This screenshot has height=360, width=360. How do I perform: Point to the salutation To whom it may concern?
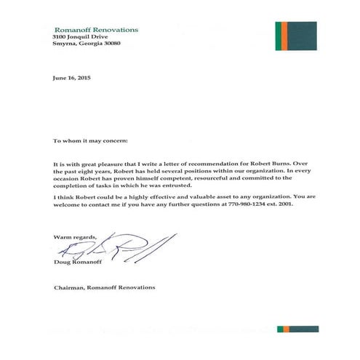coord(89,138)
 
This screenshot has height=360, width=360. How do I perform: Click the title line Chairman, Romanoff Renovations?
coord(104,287)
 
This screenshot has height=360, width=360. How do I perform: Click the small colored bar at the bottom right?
coord(297,329)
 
